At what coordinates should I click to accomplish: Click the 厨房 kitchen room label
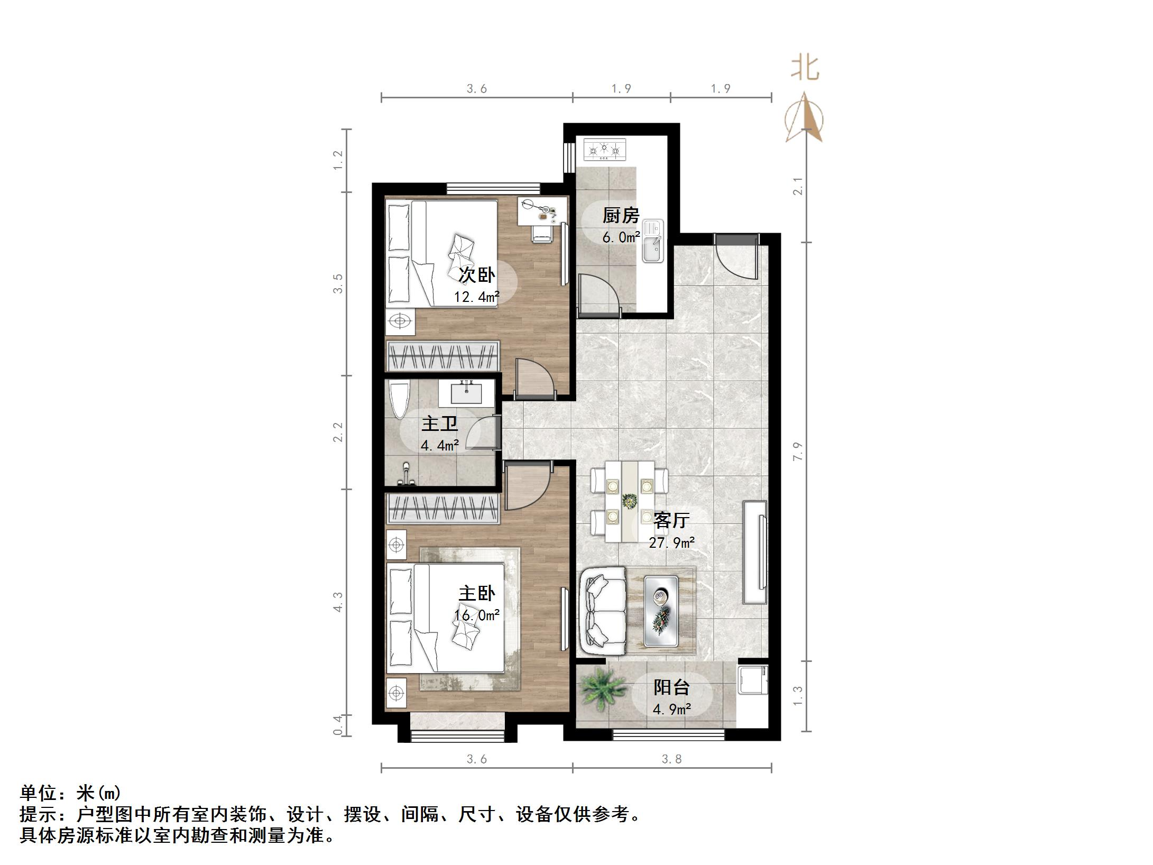click(621, 216)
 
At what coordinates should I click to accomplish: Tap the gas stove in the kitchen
click(604, 150)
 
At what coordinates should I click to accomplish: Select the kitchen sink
click(653, 241)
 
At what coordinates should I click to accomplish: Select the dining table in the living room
click(629, 501)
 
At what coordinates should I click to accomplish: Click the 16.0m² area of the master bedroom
click(477, 616)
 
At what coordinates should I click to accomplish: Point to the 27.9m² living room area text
click(671, 542)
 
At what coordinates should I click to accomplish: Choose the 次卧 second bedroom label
click(477, 275)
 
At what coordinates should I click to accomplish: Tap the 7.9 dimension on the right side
click(798, 451)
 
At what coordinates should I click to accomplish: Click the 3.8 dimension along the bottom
click(671, 759)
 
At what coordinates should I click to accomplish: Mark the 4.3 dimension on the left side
click(338, 602)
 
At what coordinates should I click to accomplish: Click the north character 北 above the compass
click(805, 69)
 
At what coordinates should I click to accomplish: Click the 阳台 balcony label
click(671, 687)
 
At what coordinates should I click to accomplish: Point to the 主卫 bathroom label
click(439, 424)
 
